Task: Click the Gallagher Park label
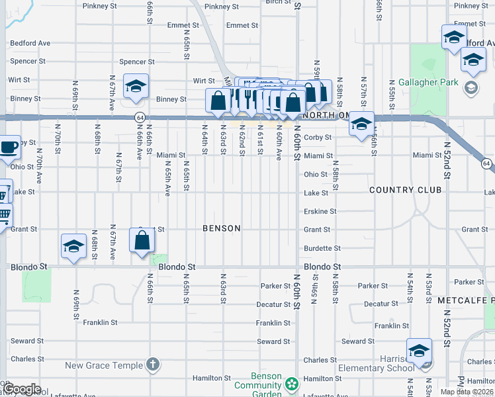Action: pos(428,83)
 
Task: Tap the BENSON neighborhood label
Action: pos(221,228)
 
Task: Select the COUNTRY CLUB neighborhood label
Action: pos(405,190)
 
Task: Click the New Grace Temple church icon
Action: pos(153,365)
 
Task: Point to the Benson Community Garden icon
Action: pos(291,383)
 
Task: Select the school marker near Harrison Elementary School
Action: pos(418,351)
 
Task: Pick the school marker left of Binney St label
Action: pos(136,87)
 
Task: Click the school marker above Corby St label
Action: pos(361,124)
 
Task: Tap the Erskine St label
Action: pos(320,212)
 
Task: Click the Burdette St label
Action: pos(322,249)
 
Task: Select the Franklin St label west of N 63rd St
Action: pos(101,323)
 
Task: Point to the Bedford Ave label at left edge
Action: pos(30,44)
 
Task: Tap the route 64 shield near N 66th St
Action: pos(140,117)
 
